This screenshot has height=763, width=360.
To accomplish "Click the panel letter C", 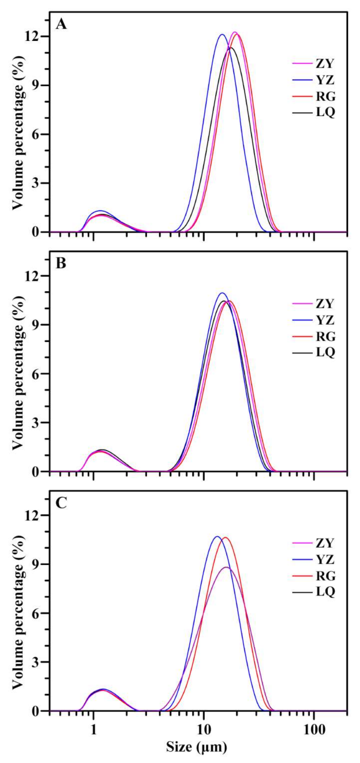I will (61, 503).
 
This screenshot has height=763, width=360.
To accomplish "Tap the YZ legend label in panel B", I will (325, 320).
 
